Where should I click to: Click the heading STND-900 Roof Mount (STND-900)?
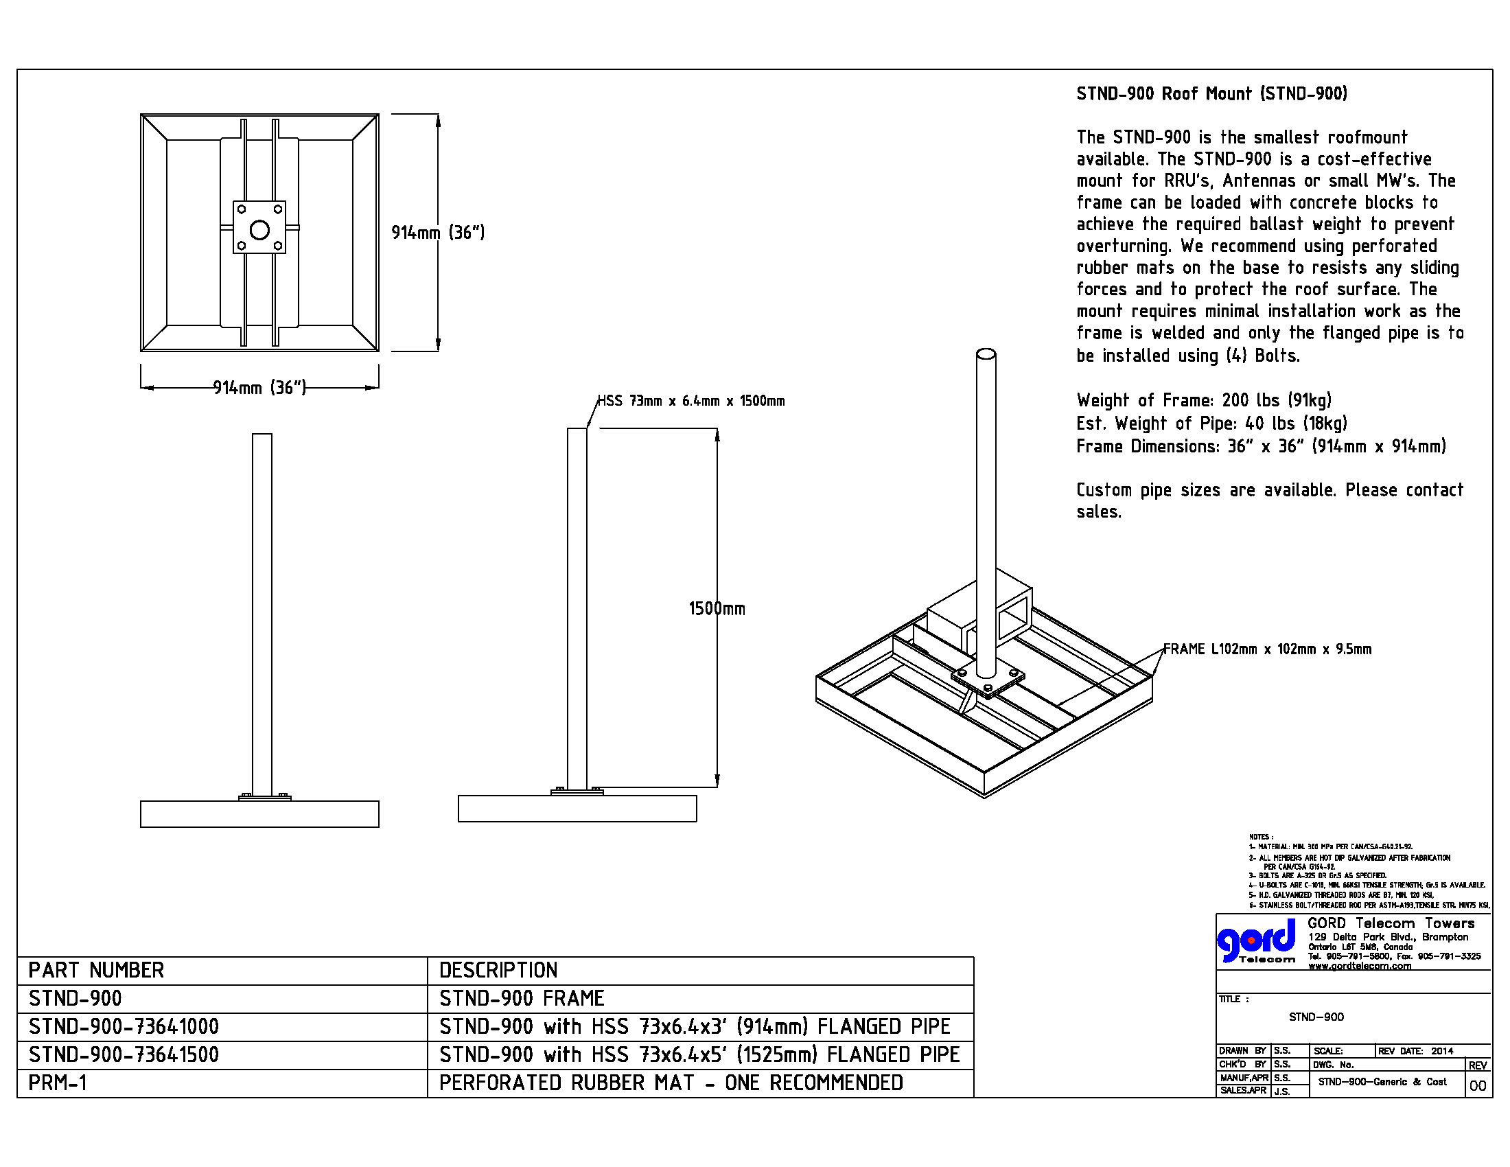[x=1211, y=94]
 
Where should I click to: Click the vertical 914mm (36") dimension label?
[x=438, y=232]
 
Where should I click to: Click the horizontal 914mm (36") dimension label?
[x=259, y=388]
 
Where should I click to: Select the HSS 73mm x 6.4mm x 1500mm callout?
[x=690, y=401]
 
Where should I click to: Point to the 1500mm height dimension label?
[x=717, y=609]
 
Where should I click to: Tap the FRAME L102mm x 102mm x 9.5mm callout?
[x=1266, y=649]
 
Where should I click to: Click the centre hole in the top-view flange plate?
[x=259, y=230]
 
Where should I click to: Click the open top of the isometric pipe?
[x=986, y=354]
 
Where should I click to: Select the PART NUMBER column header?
[x=96, y=971]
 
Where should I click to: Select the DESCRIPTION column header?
[x=498, y=971]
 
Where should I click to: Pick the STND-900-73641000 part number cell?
[x=124, y=1027]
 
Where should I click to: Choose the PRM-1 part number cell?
[x=58, y=1083]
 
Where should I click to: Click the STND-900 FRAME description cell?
[x=522, y=998]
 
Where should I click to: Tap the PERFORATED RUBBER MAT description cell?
[x=671, y=1083]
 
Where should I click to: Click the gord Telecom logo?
[x=1256, y=942]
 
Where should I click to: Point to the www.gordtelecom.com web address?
[x=1359, y=966]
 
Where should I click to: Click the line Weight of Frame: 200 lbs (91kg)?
[x=1204, y=400]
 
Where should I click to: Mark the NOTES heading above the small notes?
[x=1260, y=837]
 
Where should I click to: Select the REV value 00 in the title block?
[x=1477, y=1086]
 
